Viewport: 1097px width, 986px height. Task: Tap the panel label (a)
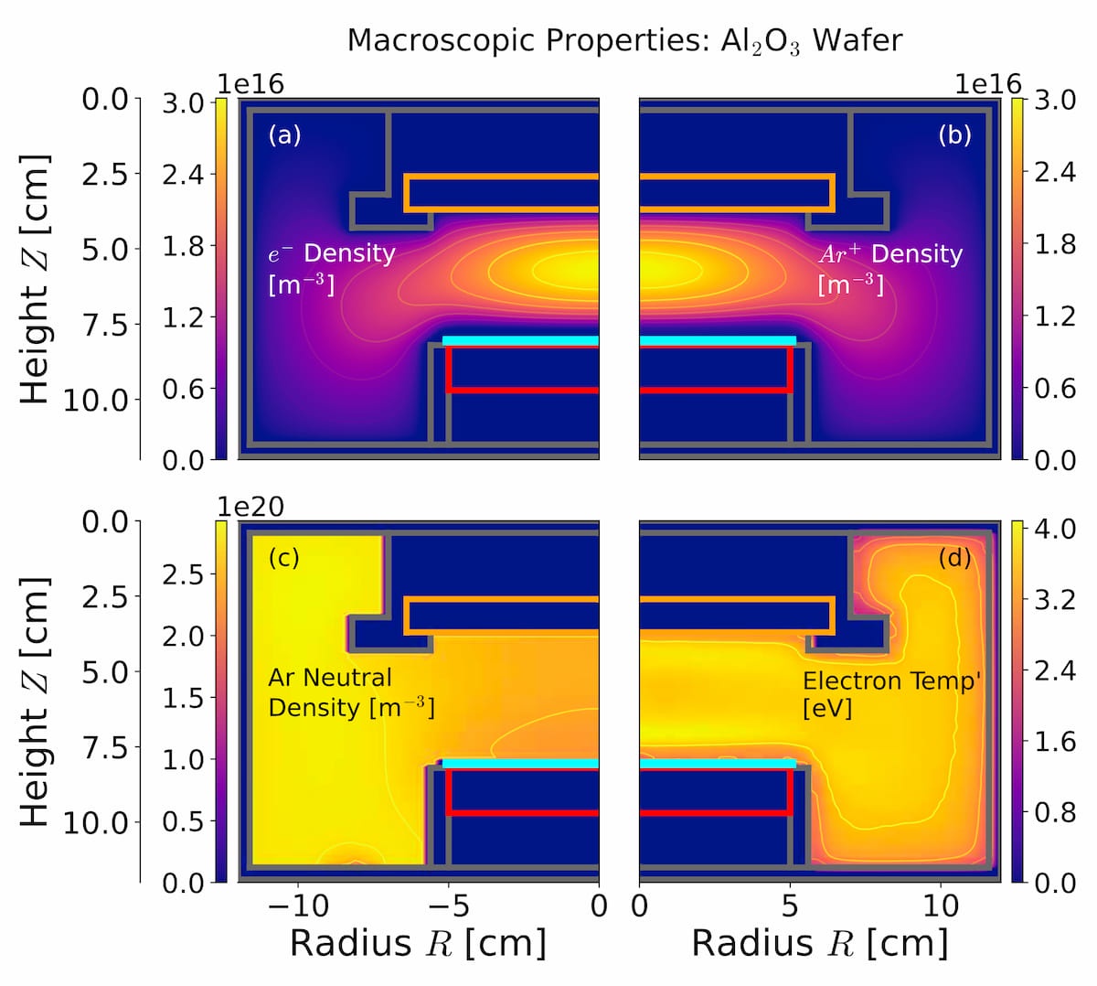pos(284,135)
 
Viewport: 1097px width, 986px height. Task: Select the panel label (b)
pos(954,135)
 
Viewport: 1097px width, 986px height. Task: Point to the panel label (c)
pos(283,557)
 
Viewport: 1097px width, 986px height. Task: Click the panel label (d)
pos(954,557)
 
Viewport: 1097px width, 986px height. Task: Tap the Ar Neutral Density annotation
pos(351,692)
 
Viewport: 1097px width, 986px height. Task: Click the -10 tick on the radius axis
pos(297,906)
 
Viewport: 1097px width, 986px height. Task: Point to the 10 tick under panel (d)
pos(940,906)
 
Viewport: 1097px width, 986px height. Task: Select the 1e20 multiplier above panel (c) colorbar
pos(250,506)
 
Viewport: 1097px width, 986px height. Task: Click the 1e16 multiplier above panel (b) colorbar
pos(988,84)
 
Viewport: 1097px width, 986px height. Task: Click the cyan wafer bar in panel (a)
pos(520,340)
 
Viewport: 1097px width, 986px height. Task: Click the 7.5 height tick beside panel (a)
pos(105,323)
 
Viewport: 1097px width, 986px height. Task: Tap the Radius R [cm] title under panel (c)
pos(418,943)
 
